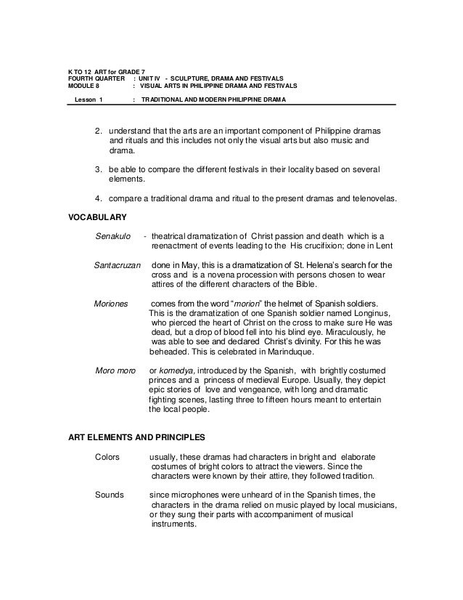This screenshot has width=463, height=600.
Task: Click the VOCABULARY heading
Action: (97, 217)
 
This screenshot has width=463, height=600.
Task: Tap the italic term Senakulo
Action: (115, 236)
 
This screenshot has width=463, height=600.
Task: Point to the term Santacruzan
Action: (118, 264)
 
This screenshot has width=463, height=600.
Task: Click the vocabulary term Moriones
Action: (111, 302)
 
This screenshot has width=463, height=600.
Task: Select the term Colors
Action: (109, 458)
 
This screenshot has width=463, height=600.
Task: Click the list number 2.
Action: (98, 131)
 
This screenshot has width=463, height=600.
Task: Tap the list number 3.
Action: (98, 169)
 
